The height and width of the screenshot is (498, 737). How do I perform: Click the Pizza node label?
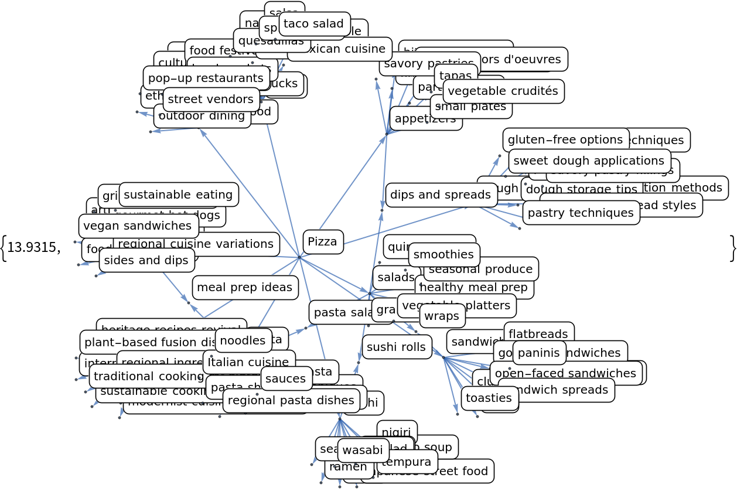tap(323, 242)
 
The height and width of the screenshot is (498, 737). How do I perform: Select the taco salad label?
tap(313, 24)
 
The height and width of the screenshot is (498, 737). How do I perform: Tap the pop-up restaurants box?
tap(206, 78)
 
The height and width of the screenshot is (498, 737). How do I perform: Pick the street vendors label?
tap(211, 100)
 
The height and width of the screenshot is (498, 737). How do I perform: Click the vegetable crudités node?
tap(503, 91)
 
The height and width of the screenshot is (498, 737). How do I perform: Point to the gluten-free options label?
tap(565, 140)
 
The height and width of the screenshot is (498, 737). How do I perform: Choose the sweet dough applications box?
tap(589, 161)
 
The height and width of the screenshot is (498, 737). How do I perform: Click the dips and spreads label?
tap(441, 195)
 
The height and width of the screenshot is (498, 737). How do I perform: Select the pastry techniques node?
tap(581, 213)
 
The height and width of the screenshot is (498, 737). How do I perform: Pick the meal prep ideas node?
tap(244, 288)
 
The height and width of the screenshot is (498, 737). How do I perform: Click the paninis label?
tap(538, 353)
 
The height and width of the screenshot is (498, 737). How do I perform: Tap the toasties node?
tap(489, 398)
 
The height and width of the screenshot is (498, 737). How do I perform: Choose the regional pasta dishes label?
tap(291, 401)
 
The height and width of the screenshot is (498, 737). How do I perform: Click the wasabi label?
tap(363, 451)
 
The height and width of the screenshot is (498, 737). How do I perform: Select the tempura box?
tap(407, 462)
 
